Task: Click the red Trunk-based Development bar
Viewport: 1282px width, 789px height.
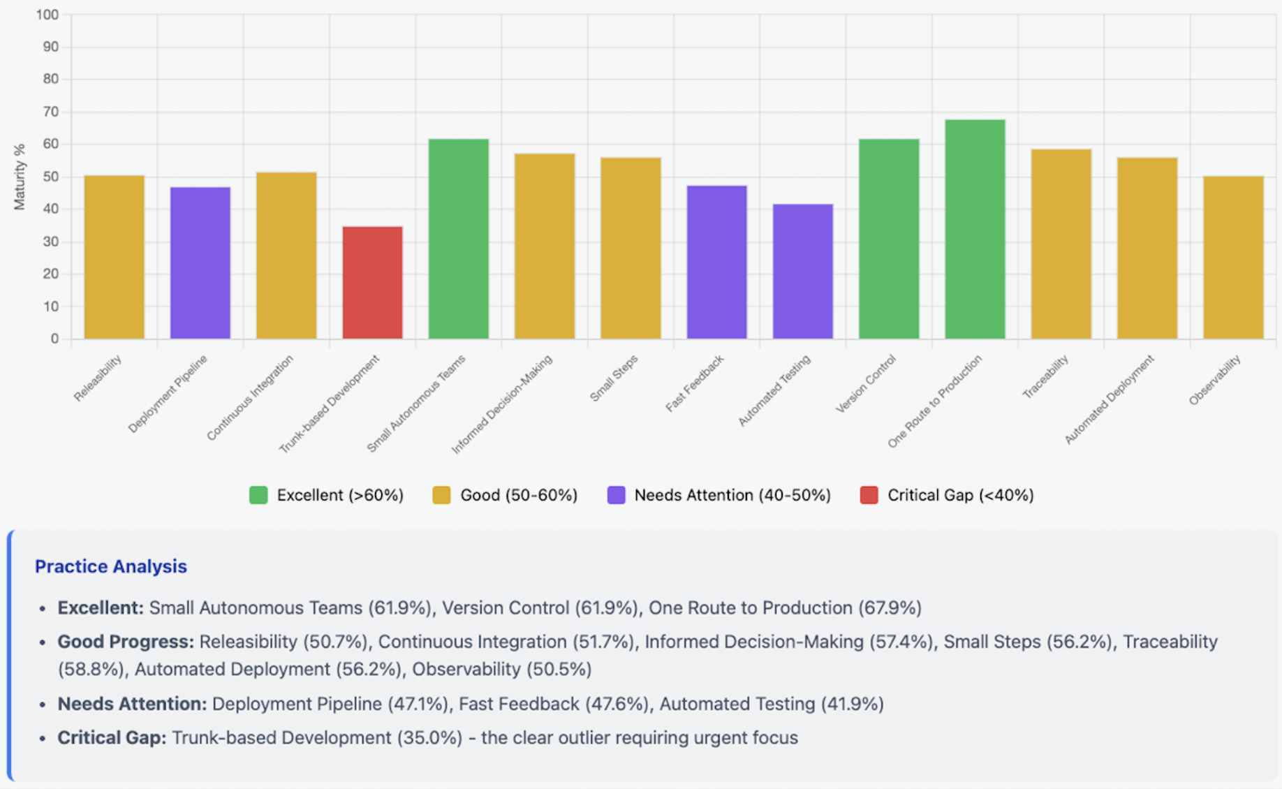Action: pos(372,283)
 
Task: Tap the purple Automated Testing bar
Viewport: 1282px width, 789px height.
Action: pos(802,272)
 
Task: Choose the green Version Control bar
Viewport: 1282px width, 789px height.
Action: pos(888,239)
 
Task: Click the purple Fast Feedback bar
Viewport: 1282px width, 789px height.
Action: pos(716,262)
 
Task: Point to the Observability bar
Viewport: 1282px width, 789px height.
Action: pos(1233,258)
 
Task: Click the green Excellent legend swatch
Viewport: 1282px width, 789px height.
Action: pos(258,495)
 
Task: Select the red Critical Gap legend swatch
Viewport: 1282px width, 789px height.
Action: pos(869,495)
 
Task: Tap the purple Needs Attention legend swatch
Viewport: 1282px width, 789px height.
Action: pos(616,495)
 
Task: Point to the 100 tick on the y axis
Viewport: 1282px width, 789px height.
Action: pos(47,15)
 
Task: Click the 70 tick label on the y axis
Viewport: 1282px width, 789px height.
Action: pos(50,112)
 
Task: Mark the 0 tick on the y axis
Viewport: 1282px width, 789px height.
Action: pos(54,339)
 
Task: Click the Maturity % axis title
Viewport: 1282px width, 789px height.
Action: pos(20,177)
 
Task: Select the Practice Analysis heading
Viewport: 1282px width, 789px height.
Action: pos(111,566)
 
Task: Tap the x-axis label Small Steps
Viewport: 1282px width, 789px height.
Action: pos(614,378)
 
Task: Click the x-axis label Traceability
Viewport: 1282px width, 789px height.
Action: pos(1045,377)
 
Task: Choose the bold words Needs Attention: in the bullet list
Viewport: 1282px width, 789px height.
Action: pos(132,704)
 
